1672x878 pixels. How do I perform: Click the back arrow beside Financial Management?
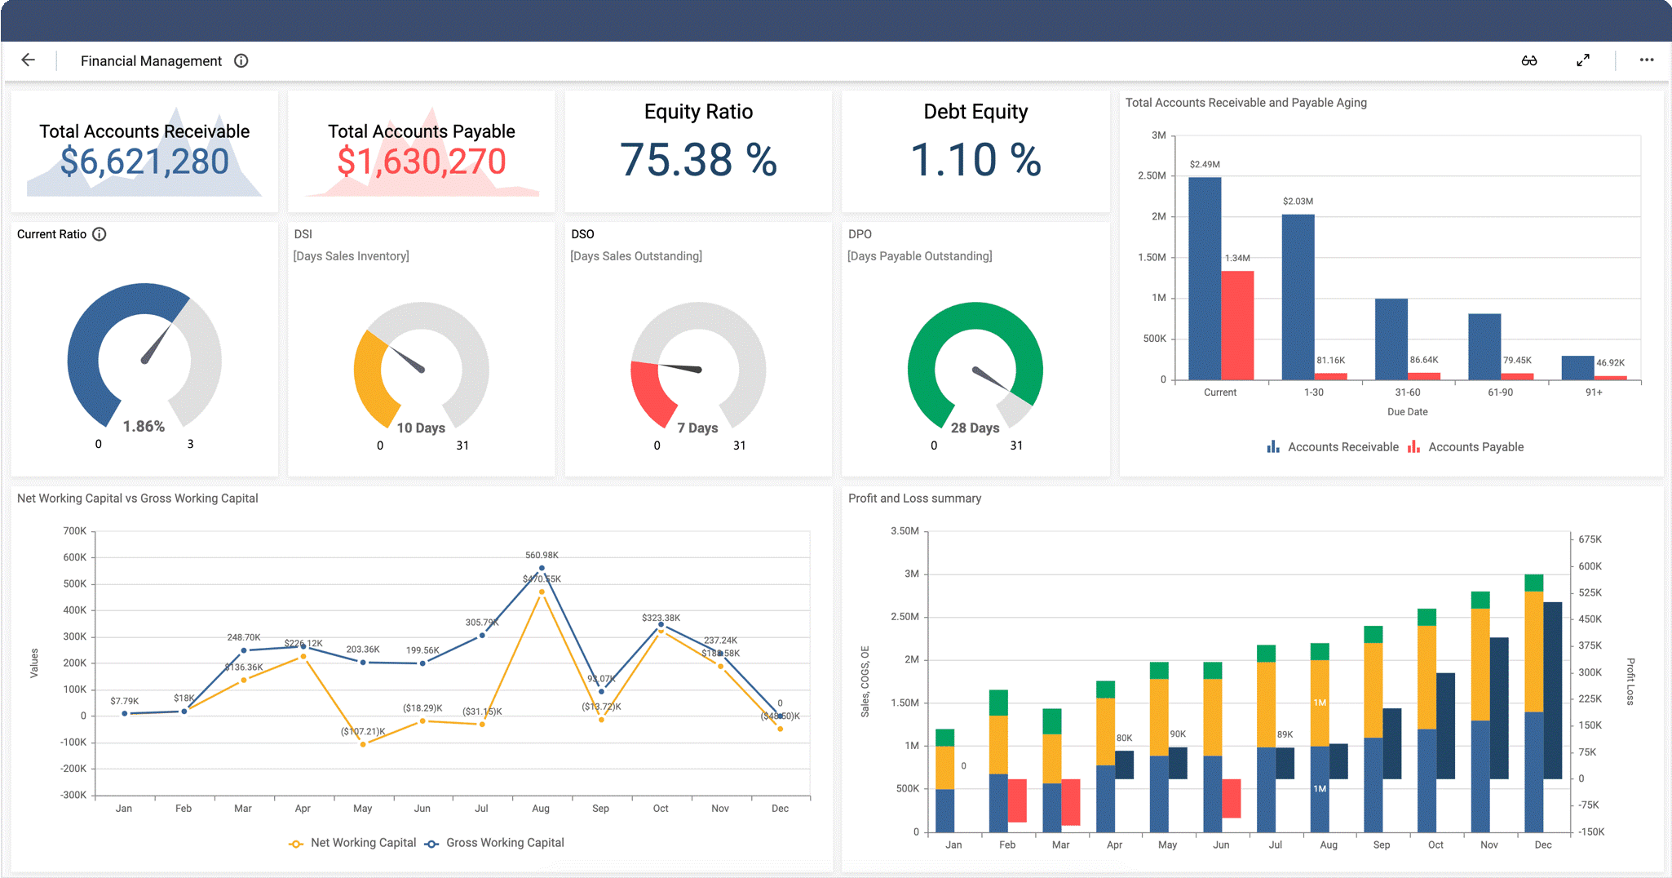(28, 60)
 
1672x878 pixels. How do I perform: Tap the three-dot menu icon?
(1647, 60)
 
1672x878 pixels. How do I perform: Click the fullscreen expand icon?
(1582, 60)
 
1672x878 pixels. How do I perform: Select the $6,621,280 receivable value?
(144, 162)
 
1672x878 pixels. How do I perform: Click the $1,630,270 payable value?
(422, 162)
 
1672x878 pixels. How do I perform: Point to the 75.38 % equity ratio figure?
(698, 160)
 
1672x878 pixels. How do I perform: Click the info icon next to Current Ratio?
(100, 234)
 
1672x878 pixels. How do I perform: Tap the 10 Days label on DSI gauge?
(421, 428)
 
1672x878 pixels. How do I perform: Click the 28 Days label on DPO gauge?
(975, 428)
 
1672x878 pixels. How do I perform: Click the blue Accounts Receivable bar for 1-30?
(1298, 298)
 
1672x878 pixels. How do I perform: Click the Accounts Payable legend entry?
(1466, 447)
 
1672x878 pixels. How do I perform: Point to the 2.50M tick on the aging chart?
(1152, 175)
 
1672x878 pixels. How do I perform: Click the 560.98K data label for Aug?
(542, 555)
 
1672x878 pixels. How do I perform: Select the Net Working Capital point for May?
(363, 744)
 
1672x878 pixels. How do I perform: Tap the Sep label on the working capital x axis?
(600, 809)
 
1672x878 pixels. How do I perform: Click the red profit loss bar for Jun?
(1231, 798)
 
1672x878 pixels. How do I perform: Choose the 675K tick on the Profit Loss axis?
(1590, 539)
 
